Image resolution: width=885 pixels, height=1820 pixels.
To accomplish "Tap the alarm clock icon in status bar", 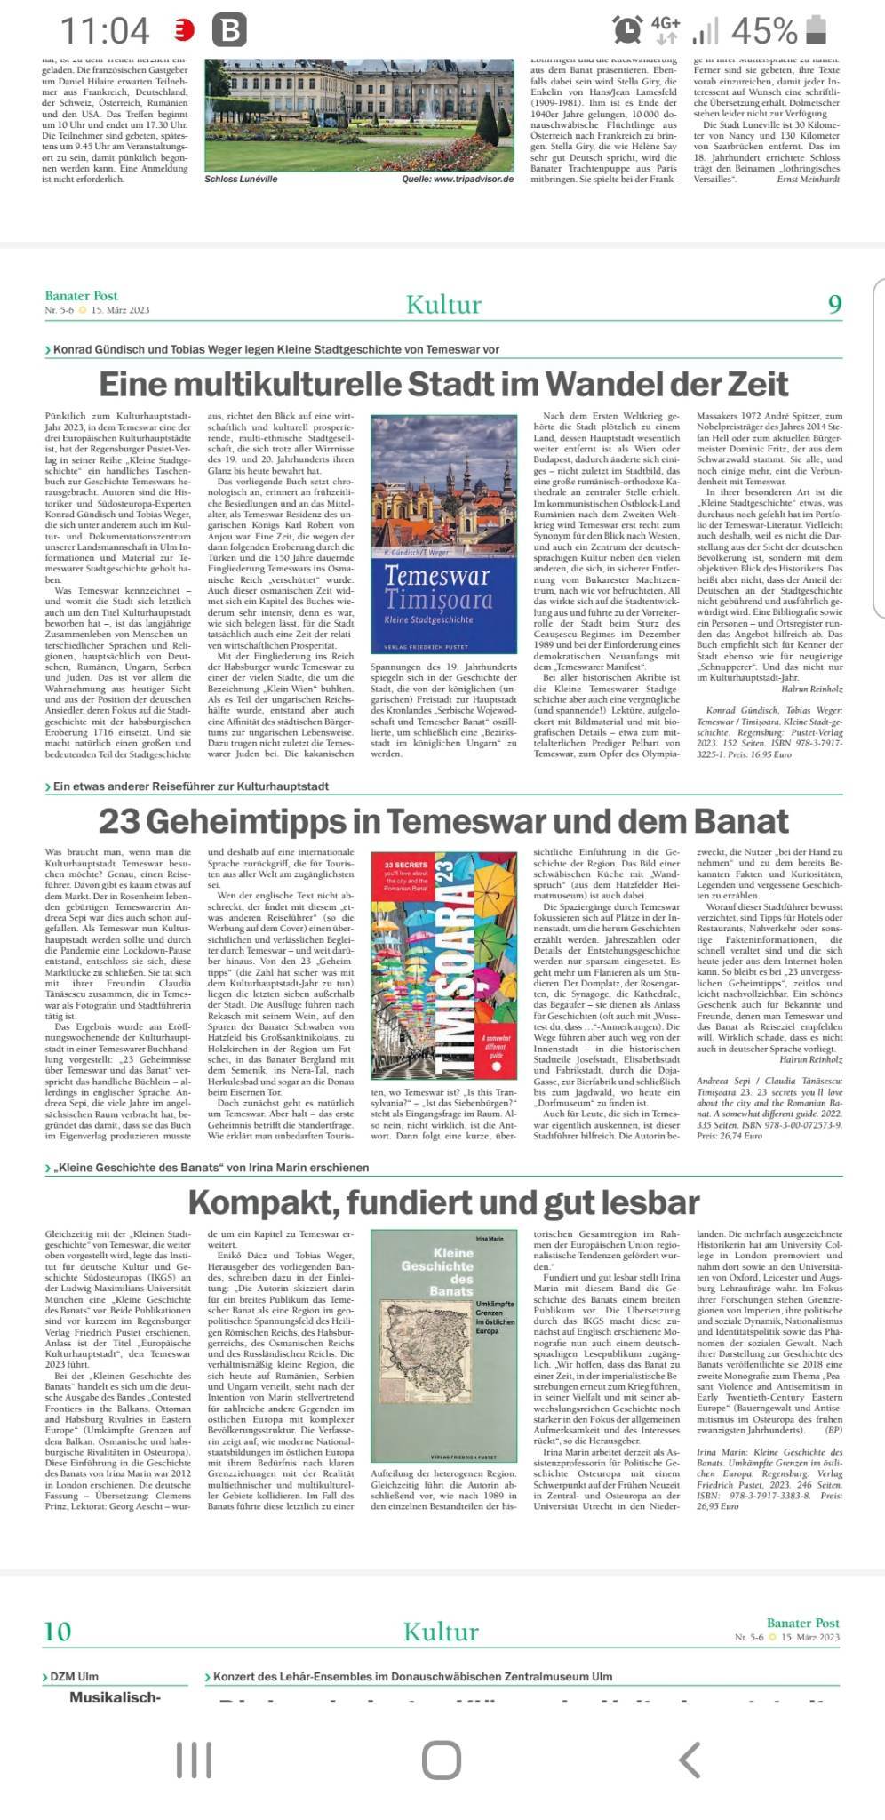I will pyautogui.click(x=627, y=29).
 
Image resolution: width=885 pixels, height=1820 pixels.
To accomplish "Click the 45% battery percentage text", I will pyautogui.click(x=763, y=31).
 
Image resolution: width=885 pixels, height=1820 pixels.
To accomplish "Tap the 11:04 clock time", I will pyautogui.click(x=105, y=31).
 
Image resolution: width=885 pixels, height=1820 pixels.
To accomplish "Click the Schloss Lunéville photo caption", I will pyautogui.click(x=241, y=179).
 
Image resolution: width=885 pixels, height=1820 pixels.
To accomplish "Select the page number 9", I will pyautogui.click(x=834, y=305).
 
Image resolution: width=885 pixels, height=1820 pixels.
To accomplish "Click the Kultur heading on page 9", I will pyautogui.click(x=443, y=305).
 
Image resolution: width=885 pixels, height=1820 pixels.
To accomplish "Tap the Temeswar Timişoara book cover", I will pyautogui.click(x=443, y=533).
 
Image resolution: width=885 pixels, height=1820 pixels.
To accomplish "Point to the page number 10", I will pyautogui.click(x=57, y=1631).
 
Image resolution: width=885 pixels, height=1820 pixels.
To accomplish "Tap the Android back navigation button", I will pyautogui.click(x=690, y=1759).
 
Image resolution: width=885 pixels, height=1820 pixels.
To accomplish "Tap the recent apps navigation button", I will pyautogui.click(x=194, y=1759).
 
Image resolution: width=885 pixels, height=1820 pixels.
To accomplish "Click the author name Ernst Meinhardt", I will pyautogui.click(x=808, y=179).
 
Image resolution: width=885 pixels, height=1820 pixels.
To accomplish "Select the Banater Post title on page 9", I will pyautogui.click(x=82, y=296).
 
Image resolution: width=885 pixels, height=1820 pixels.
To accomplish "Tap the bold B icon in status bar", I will pyautogui.click(x=229, y=31).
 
